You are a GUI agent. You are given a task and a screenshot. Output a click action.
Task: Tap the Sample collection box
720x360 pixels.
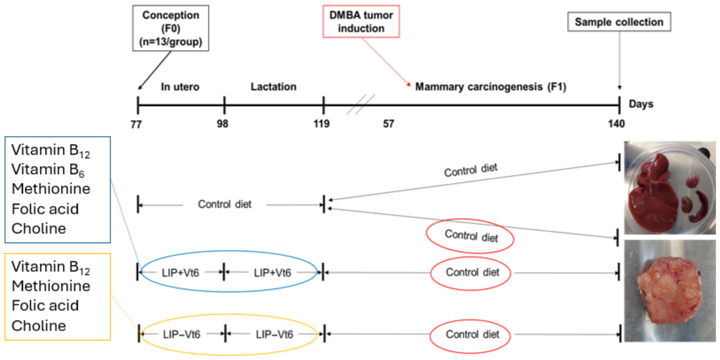[619, 22]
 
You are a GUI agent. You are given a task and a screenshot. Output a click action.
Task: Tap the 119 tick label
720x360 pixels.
[323, 124]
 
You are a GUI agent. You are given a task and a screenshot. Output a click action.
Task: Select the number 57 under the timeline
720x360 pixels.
[388, 124]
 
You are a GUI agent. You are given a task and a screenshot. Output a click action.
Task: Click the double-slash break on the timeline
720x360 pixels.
[361, 104]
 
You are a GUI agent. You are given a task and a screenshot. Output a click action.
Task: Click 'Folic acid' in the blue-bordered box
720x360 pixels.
[45, 208]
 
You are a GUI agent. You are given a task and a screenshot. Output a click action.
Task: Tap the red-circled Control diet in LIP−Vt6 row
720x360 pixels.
[472, 335]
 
